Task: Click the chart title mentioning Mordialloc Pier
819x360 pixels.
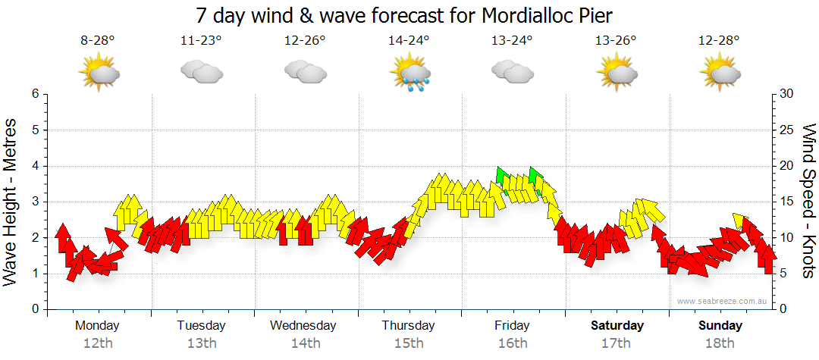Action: tap(403, 14)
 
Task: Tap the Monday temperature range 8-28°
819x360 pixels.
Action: tap(98, 41)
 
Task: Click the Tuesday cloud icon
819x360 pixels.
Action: tap(201, 72)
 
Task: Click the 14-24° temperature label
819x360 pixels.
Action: tap(409, 41)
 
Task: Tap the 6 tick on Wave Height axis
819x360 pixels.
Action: tap(34, 94)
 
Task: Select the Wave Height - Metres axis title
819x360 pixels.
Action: tap(11, 202)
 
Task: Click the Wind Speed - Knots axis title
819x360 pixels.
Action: tap(808, 202)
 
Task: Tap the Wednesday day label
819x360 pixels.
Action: tap(303, 326)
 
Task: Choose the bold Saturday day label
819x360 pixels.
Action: tap(617, 326)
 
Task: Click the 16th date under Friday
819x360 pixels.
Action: tap(513, 343)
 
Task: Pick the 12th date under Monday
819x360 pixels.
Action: tap(98, 343)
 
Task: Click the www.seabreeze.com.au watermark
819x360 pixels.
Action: tap(723, 301)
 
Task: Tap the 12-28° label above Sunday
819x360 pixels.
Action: tap(720, 41)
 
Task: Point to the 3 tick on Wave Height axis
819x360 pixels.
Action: tap(34, 202)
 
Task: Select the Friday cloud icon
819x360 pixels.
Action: tap(512, 72)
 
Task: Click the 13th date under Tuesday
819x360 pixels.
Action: tap(201, 343)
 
